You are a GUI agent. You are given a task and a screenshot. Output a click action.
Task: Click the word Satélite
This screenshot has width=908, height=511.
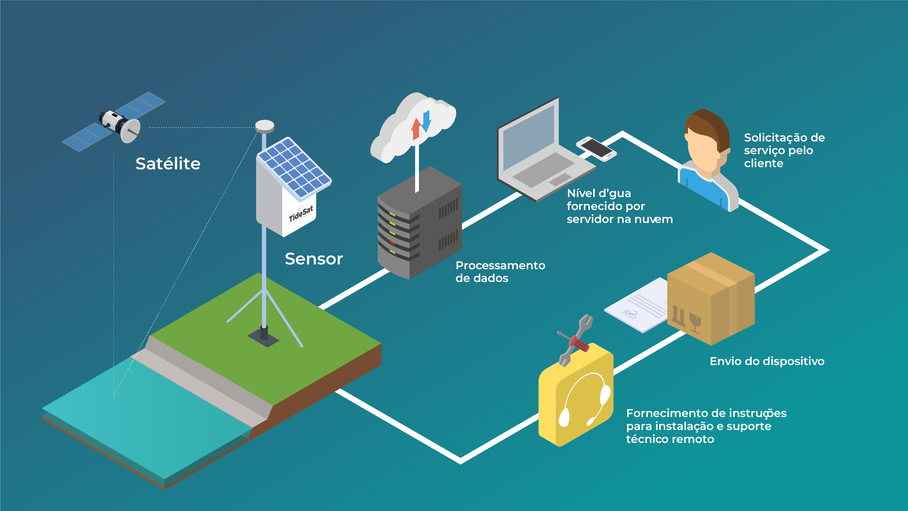pos(168,164)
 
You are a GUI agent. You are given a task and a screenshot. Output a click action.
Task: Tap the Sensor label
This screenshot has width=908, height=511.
pos(314,259)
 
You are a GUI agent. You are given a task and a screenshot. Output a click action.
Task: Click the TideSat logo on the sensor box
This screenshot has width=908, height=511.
pos(301,214)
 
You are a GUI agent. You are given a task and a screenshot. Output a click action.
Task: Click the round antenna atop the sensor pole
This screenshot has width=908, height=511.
pos(265,126)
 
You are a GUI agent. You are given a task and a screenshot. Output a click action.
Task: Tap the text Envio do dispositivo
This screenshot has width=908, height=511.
pos(767,361)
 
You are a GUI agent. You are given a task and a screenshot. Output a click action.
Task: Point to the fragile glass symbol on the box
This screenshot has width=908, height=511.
pos(695,322)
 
